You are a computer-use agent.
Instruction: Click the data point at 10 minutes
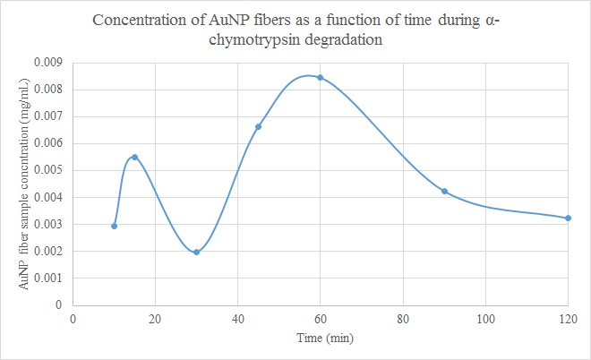click(115, 226)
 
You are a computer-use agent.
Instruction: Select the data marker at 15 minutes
click(135, 157)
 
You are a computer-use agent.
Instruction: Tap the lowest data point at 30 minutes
click(197, 252)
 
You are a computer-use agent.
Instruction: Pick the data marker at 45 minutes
click(259, 126)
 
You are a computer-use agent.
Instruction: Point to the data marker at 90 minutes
click(444, 191)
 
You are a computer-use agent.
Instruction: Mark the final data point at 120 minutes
click(569, 218)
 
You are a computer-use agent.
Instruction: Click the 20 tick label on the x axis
click(156, 318)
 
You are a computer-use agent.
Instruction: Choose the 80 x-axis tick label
click(403, 318)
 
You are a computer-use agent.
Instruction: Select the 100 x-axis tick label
click(485, 318)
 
